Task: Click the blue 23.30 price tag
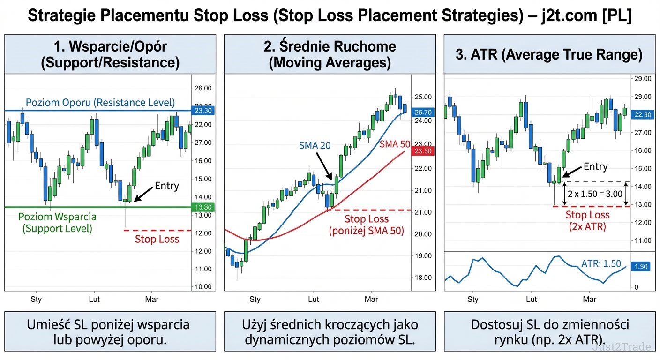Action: pyautogui.click(x=203, y=111)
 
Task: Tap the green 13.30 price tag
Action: pyautogui.click(x=203, y=207)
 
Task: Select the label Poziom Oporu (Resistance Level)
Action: pyautogui.click(x=100, y=102)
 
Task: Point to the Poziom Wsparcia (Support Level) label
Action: pyautogui.click(x=57, y=223)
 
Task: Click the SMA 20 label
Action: pyautogui.click(x=315, y=146)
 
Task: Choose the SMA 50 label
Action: pyautogui.click(x=395, y=144)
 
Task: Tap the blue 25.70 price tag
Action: pyautogui.click(x=422, y=112)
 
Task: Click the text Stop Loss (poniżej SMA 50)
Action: pyautogui.click(x=366, y=225)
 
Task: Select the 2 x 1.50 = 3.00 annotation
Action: pyautogui.click(x=595, y=194)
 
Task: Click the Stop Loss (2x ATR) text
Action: pyautogui.click(x=587, y=221)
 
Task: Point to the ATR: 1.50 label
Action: pyautogui.click(x=601, y=263)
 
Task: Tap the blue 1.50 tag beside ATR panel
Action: pyautogui.click(x=641, y=266)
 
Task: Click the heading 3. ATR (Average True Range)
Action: pyautogui.click(x=549, y=55)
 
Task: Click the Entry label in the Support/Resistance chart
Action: pyautogui.click(x=166, y=186)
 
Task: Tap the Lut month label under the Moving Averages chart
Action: pyautogui.click(x=314, y=299)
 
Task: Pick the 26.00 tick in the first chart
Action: pyautogui.click(x=203, y=88)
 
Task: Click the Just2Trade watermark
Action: pyautogui.click(x=621, y=347)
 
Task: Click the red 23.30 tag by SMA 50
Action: pyautogui.click(x=422, y=151)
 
